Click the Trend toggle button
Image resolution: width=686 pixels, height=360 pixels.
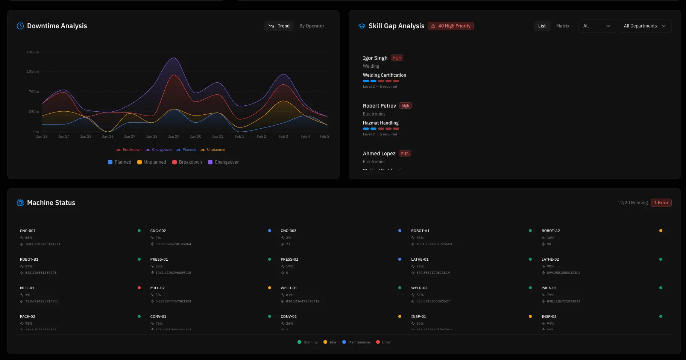[279, 26]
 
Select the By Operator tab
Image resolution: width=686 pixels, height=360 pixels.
[311, 26]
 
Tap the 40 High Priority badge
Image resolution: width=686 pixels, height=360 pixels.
[451, 26]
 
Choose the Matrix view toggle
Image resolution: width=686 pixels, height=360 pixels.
[563, 26]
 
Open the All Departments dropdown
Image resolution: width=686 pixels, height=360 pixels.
[645, 26]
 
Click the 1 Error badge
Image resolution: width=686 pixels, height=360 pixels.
[661, 203]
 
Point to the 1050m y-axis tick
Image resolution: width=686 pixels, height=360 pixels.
[33, 71]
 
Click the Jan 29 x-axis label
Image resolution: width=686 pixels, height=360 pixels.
[173, 137]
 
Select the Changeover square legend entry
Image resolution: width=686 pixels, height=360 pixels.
[223, 162]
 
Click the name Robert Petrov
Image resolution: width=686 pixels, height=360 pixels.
[379, 106]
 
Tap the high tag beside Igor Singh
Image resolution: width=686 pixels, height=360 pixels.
[397, 58]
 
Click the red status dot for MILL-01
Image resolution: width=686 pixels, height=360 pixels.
[139, 288]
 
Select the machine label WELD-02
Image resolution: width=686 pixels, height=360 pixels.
[419, 288]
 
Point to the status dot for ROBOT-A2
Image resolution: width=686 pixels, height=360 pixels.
[660, 231]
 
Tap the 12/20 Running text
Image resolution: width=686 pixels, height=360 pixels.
[632, 203]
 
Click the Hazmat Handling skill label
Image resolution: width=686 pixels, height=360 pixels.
[381, 123]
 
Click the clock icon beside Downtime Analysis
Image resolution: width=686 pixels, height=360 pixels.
[20, 26]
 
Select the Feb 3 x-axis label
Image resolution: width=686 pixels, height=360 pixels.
[283, 137]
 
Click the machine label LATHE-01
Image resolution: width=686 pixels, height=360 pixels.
[420, 260]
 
